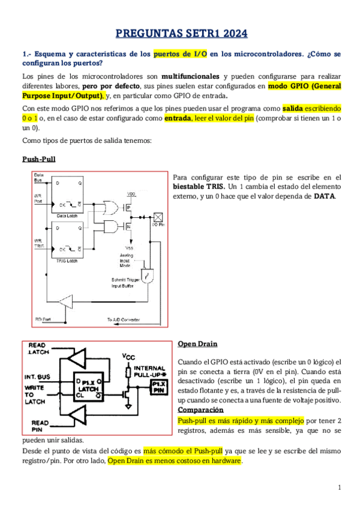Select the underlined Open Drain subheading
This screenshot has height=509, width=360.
(197, 344)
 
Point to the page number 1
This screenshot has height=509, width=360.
(339, 487)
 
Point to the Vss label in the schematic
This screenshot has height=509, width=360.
(129, 247)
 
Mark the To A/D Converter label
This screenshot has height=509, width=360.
(124, 319)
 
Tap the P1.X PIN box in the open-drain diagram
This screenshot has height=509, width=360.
(159, 386)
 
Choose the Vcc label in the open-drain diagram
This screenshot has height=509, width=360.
(128, 356)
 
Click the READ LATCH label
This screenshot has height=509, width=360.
(38, 348)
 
